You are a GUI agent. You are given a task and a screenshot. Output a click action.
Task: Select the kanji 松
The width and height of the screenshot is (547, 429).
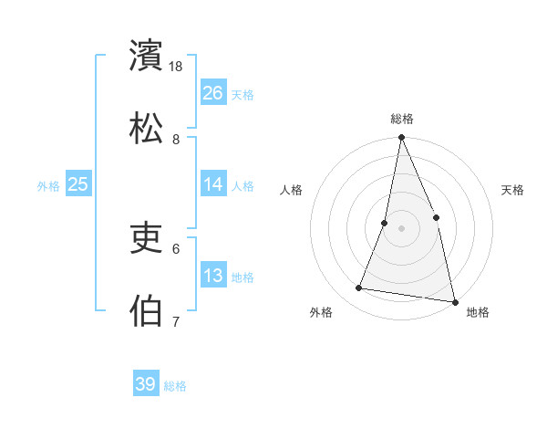coord(148,127)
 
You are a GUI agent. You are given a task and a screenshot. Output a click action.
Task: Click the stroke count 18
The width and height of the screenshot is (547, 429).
coord(177,67)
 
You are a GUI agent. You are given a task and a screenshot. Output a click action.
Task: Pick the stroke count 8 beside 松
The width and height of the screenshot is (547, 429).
coord(176,139)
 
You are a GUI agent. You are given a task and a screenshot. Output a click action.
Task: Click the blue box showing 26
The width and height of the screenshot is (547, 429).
coord(213,92)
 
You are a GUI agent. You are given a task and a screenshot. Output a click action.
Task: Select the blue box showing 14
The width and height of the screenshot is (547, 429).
coord(213,184)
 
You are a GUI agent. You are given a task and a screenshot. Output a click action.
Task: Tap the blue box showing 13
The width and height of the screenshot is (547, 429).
coord(213,276)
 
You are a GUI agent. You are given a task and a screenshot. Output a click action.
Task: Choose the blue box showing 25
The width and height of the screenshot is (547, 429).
coord(78,184)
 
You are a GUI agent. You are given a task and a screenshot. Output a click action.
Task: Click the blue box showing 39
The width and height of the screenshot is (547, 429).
coord(146,384)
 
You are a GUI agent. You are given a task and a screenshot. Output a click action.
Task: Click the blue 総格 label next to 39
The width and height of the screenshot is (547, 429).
coord(175,386)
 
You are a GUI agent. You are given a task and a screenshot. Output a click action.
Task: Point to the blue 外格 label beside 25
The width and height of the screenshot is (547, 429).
coord(48,186)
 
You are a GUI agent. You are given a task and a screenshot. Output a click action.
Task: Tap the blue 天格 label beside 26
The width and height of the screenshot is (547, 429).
coord(243,94)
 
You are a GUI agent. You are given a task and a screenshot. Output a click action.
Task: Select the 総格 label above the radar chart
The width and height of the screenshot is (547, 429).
coord(402,119)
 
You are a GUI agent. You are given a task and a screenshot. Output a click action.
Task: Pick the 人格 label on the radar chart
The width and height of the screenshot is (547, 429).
coord(292,190)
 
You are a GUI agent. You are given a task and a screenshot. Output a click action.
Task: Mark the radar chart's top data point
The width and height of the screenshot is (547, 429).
coord(401,138)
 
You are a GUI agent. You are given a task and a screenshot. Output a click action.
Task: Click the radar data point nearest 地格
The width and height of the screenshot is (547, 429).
coord(454,301)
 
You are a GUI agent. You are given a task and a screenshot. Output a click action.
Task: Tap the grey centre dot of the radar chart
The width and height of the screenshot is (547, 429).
coord(401,227)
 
